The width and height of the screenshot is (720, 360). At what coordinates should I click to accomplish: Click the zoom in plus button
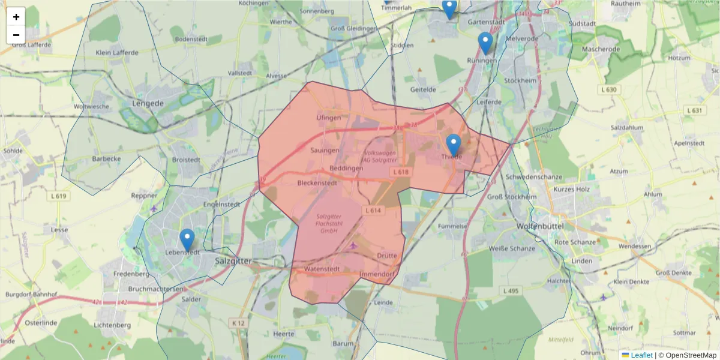(16, 17)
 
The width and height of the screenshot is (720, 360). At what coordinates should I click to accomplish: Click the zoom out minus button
(16, 35)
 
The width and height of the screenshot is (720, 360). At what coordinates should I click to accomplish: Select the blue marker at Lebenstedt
(187, 240)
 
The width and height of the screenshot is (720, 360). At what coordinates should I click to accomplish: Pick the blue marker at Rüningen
(485, 43)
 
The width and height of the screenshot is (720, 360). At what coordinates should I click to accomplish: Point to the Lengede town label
(148, 103)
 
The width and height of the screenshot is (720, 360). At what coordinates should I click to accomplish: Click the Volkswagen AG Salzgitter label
(380, 157)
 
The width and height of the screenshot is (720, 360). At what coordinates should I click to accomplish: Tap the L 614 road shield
(373, 211)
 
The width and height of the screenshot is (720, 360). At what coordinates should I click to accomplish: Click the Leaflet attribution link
(641, 355)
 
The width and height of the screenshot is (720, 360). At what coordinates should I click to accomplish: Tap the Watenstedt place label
(322, 269)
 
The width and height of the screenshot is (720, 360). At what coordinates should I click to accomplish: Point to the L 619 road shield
(59, 196)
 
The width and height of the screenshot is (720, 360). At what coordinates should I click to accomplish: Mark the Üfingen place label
(328, 118)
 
